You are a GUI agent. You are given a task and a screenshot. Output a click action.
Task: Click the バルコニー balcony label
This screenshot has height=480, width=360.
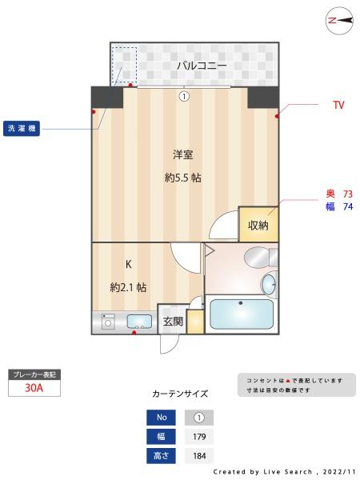(202, 66)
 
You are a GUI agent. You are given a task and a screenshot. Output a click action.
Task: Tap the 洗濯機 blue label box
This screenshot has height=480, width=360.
(22, 128)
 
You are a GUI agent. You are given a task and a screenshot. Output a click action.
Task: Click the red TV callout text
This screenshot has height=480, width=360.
(338, 105)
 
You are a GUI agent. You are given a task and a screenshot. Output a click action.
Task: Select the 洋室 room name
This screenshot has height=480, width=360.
(182, 154)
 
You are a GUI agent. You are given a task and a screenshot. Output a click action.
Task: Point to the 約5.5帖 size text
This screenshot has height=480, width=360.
(182, 178)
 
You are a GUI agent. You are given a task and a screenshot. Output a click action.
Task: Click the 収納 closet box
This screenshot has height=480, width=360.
(258, 225)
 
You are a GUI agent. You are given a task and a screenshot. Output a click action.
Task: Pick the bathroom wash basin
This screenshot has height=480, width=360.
(269, 283)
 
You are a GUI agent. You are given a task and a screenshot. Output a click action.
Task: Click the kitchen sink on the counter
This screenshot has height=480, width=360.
(139, 322)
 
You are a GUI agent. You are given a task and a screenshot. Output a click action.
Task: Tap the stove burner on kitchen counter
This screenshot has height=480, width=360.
(109, 322)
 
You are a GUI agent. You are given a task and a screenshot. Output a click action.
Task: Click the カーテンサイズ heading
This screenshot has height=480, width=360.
(180, 394)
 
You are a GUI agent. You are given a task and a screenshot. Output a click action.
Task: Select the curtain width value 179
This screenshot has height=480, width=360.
(199, 437)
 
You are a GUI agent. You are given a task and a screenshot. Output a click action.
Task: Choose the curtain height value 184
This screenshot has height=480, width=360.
(199, 456)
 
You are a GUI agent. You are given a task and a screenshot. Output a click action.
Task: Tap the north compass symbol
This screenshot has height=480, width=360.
(340, 22)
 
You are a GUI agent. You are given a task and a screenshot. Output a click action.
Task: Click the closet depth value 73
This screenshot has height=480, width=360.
(347, 194)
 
